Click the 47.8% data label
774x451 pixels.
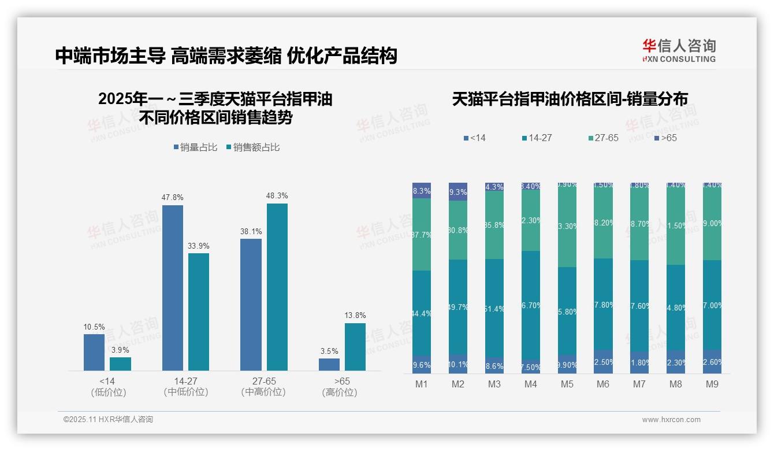(173, 198)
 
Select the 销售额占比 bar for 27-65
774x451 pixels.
(277, 287)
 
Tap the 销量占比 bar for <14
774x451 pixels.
(94, 352)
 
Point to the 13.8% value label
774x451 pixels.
(355, 316)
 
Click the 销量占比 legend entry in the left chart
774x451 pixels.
(195, 147)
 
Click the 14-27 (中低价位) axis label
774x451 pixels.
(185, 386)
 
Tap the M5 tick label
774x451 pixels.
(567, 384)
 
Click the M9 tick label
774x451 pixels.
(712, 384)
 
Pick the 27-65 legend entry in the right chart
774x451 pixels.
(603, 138)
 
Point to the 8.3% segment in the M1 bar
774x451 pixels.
(422, 191)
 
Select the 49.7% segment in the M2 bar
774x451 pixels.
(458, 307)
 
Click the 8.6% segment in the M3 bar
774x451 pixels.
(494, 366)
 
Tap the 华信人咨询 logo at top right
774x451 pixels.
(679, 50)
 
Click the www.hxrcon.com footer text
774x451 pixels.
(671, 420)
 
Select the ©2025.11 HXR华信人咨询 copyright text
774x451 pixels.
(108, 420)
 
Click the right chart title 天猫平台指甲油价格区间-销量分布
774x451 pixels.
(570, 99)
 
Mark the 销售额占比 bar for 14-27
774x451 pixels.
(199, 312)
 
